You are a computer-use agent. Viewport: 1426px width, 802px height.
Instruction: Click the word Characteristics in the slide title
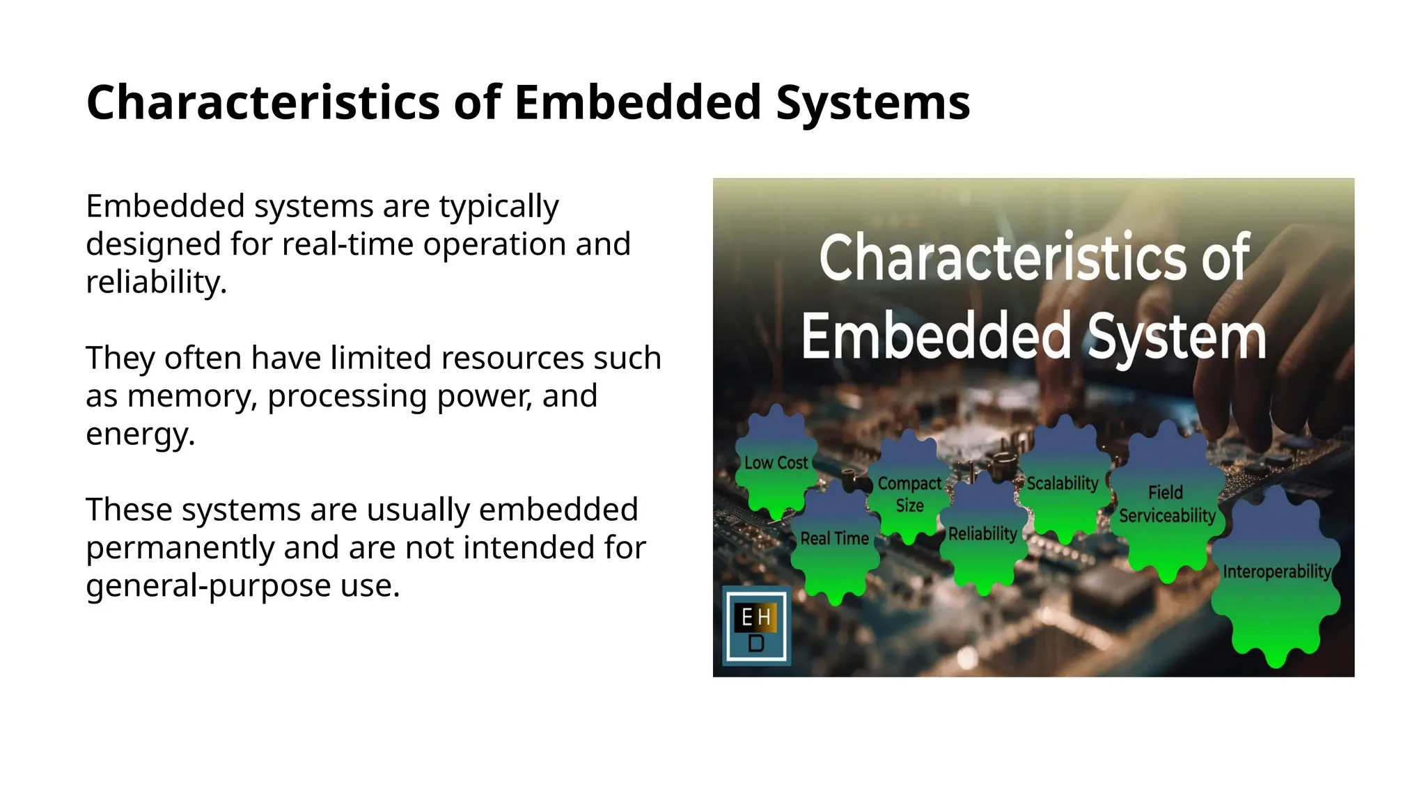264,102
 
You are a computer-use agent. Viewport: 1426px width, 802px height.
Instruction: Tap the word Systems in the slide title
872,102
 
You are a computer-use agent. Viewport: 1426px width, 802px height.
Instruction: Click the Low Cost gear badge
776,463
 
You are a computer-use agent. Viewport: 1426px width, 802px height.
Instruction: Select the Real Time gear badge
834,539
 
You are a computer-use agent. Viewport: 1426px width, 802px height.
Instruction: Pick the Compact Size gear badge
909,494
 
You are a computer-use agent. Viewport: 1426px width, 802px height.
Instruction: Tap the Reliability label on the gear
982,534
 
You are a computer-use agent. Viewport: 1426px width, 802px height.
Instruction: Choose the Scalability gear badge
1063,483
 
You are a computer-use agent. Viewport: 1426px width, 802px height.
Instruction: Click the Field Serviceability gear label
1167,504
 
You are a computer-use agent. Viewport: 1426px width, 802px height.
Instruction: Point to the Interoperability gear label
1276,572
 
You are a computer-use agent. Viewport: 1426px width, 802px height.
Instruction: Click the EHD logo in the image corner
756,627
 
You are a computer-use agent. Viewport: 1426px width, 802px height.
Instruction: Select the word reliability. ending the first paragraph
156,282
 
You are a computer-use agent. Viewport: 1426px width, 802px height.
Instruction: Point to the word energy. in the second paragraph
140,434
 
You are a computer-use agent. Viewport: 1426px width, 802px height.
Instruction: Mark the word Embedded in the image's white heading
937,337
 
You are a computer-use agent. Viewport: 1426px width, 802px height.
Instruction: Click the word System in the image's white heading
1176,337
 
